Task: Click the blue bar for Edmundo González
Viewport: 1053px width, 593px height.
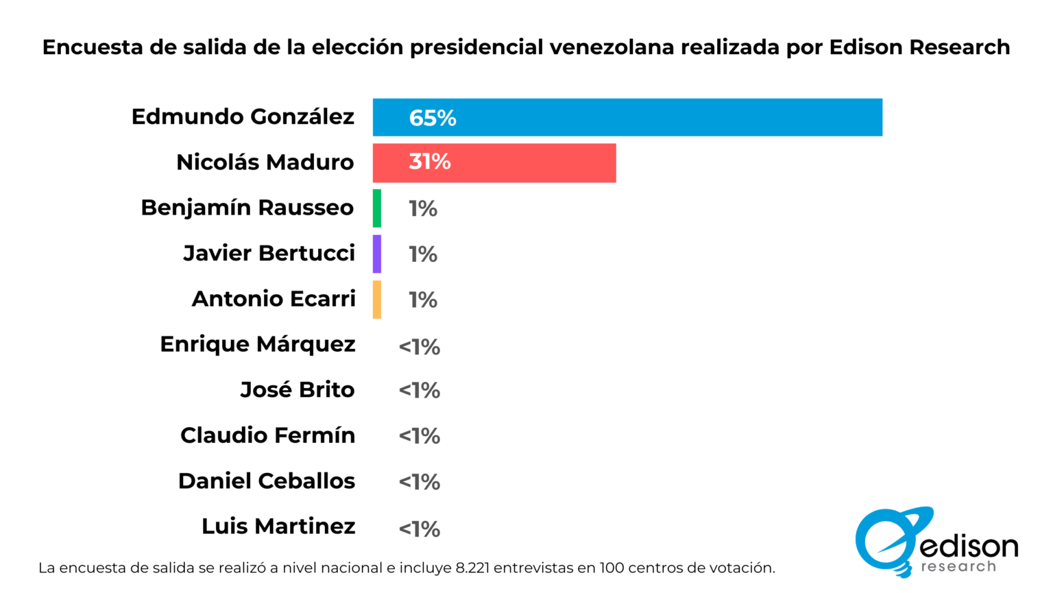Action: [x=627, y=117]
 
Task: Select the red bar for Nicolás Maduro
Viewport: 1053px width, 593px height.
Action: [x=494, y=162]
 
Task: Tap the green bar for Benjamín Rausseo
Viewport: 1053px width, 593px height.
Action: [x=377, y=208]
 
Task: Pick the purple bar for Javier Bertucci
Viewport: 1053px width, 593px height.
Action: [x=377, y=254]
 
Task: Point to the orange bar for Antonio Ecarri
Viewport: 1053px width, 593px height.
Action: [x=377, y=300]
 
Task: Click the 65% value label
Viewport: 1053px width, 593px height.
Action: [x=433, y=118]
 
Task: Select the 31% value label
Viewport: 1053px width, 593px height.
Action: [x=430, y=162]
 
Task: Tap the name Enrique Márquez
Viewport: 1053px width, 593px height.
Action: [x=258, y=344]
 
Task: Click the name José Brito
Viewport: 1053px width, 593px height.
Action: [x=298, y=389]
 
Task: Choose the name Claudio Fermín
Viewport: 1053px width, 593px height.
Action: [x=268, y=435]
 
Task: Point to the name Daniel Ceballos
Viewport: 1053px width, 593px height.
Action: [x=267, y=481]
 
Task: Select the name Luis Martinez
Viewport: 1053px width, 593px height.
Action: [x=278, y=527]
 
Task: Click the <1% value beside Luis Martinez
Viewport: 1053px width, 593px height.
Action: [x=420, y=529]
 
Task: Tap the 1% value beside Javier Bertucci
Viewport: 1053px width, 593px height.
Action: [x=423, y=254]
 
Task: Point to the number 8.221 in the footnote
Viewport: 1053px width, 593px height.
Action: [x=472, y=568]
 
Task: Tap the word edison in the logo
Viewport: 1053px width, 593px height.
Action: [x=969, y=546]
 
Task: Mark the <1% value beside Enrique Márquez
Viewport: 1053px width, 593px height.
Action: [x=420, y=347]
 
